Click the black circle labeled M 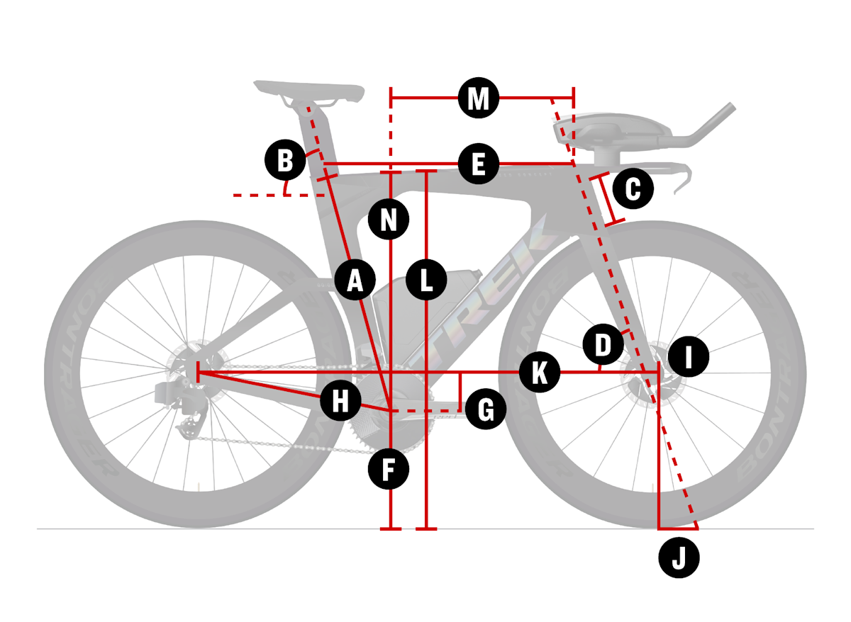point(479,98)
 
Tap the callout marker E point(478,166)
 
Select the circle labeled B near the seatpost point(284,160)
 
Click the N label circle point(389,220)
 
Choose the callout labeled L point(426,280)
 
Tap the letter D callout point(602,346)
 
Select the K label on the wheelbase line point(539,373)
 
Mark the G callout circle point(486,409)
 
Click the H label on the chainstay point(340,402)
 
